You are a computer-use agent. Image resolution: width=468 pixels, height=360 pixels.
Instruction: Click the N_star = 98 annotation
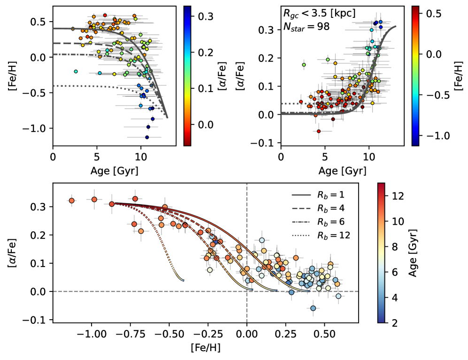(306, 27)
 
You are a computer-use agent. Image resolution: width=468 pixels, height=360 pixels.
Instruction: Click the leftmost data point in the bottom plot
(72, 201)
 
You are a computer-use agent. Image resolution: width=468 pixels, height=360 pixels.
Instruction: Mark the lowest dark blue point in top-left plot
(147, 138)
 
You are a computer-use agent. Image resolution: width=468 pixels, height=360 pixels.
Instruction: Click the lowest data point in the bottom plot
(313, 308)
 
